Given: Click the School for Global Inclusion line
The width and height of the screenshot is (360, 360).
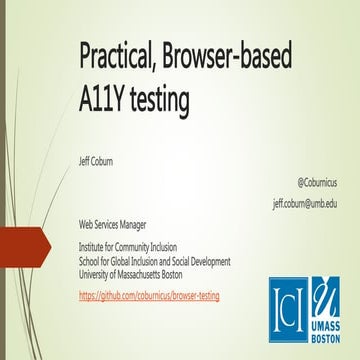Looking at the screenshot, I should pyautogui.click(x=162, y=257).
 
